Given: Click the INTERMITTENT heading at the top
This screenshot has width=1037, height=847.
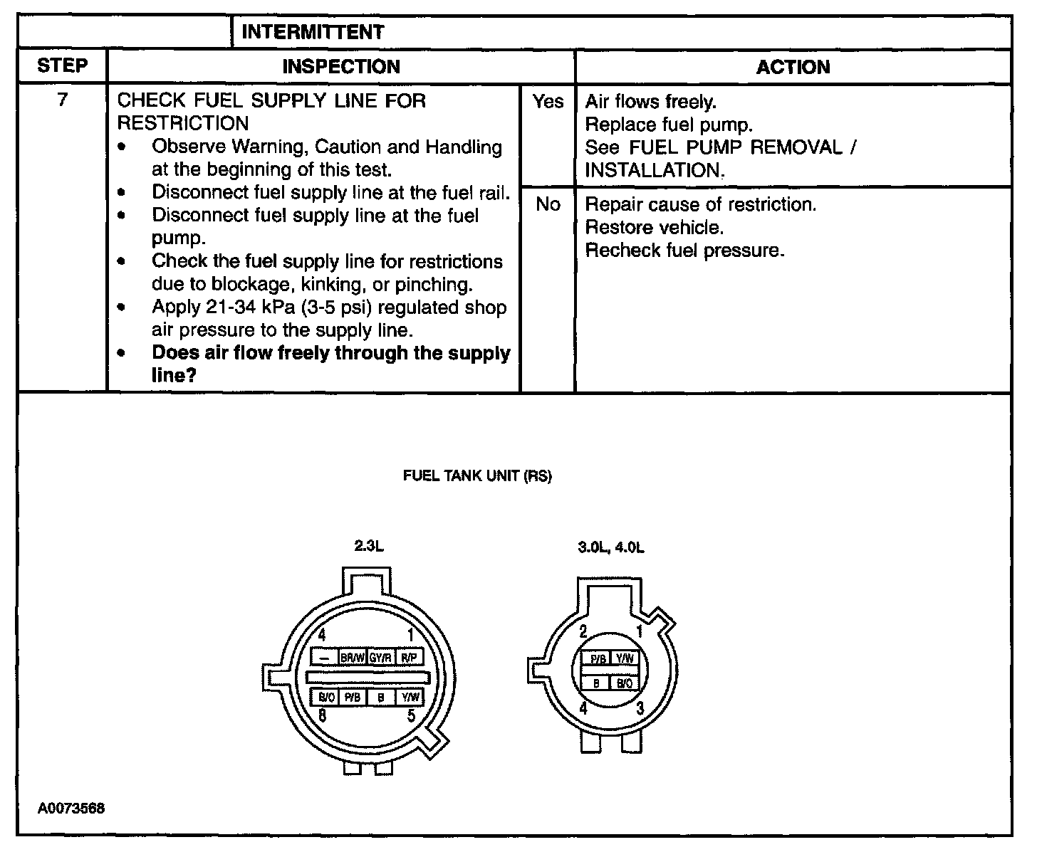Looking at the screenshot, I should tap(313, 32).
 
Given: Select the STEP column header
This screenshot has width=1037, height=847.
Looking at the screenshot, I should tap(62, 66).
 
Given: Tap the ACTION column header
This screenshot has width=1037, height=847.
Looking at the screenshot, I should tap(793, 67).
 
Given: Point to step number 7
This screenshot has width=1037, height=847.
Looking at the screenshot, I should tap(62, 100).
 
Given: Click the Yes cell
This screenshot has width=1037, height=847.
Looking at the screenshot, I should tap(547, 102).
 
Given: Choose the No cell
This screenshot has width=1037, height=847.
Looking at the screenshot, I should tap(547, 205).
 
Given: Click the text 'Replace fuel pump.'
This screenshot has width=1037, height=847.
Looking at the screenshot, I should tap(668, 125).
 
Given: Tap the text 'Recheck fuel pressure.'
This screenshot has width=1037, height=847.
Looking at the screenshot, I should tap(684, 251).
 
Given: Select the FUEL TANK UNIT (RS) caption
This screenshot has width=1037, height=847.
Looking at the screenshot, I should tap(477, 476).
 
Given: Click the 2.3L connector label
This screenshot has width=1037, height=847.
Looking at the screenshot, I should tap(369, 547).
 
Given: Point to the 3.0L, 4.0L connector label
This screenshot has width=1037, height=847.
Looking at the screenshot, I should tap(611, 548).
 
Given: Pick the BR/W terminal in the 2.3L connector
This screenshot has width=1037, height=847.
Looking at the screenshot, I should tap(353, 658).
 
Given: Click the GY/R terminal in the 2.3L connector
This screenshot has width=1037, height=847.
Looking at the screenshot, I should tap(380, 658).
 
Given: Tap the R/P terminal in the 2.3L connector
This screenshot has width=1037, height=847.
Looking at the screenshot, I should tap(409, 658).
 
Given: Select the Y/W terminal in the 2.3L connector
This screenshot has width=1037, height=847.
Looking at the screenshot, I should tap(410, 698).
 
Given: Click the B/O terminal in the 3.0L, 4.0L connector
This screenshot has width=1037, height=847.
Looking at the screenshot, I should tap(624, 684).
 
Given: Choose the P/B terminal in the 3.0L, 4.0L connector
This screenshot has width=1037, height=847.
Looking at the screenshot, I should tap(598, 660).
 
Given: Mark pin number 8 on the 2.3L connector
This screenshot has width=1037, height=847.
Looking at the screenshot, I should tap(323, 716).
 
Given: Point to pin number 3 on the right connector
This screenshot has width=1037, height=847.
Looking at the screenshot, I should tap(640, 707).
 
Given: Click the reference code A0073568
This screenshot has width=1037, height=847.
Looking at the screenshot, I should tap(71, 809).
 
